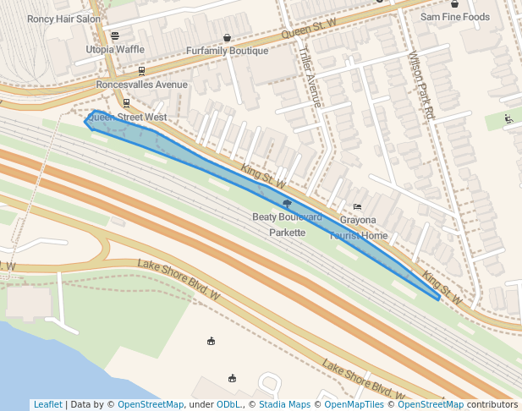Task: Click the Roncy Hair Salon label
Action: pos(63,19)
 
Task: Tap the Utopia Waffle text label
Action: pos(115,50)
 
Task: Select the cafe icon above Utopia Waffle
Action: pos(115,36)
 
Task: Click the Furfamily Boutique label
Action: pos(227,51)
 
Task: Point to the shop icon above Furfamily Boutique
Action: pos(227,37)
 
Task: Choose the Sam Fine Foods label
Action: pos(455,17)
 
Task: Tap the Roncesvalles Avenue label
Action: pos(142,85)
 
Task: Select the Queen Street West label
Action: pos(127,117)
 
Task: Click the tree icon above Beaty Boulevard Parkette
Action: pos(288,204)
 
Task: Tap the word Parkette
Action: pos(287,233)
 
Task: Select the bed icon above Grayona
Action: pos(357,206)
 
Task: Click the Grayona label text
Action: pos(358,220)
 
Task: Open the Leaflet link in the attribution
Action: pos(47,404)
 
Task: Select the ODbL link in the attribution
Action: pos(228,404)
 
